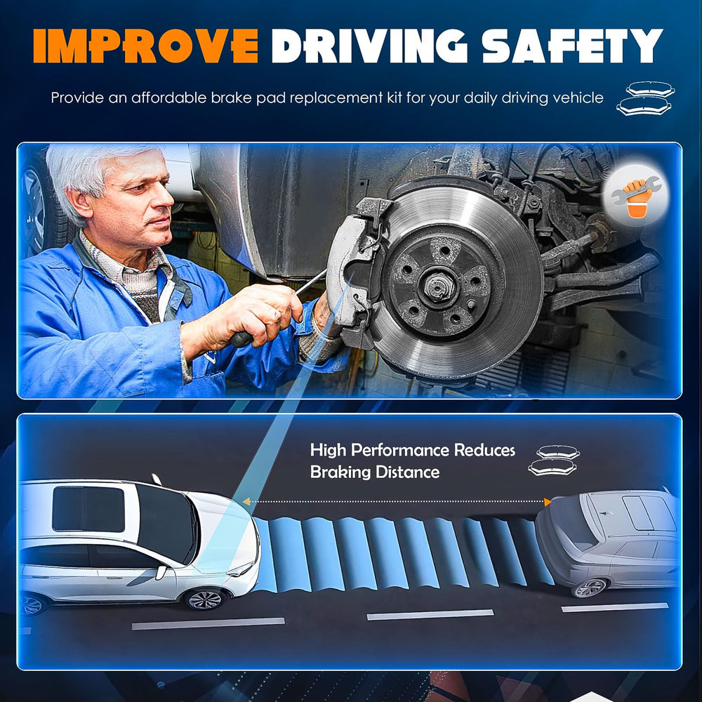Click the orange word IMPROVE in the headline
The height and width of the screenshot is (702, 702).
click(145, 46)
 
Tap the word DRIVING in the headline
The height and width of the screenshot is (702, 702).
click(370, 46)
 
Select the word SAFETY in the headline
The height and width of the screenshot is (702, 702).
click(572, 46)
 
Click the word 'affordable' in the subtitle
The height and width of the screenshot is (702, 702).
click(168, 98)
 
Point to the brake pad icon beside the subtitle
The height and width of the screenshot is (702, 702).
click(646, 98)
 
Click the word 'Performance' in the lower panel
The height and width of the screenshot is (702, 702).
click(400, 450)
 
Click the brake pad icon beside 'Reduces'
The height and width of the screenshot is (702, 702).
click(554, 461)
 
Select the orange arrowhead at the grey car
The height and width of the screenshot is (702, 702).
click(547, 502)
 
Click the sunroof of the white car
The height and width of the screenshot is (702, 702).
click(88, 509)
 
